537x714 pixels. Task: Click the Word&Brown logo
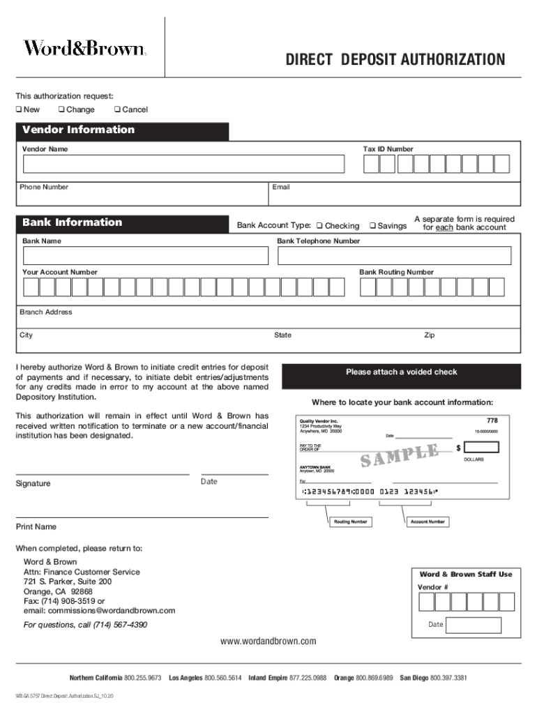pos(85,48)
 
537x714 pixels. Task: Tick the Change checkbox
pos(62,109)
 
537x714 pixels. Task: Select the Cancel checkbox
pos(117,109)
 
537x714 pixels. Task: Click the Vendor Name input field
pos(183,164)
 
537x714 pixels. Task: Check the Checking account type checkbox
pos(319,226)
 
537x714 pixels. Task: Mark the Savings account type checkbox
pos(372,226)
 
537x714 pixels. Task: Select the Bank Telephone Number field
pos(398,256)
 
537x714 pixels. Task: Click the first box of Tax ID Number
pos(371,164)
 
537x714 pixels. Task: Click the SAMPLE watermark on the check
pos(399,456)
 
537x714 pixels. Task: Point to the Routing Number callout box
pos(350,522)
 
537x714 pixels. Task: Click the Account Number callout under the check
pos(428,522)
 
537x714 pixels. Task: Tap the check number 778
pos(492,420)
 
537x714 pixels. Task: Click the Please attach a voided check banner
pos(401,372)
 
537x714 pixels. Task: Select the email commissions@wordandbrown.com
pos(100,611)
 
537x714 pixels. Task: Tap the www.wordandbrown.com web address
pos(268,641)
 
